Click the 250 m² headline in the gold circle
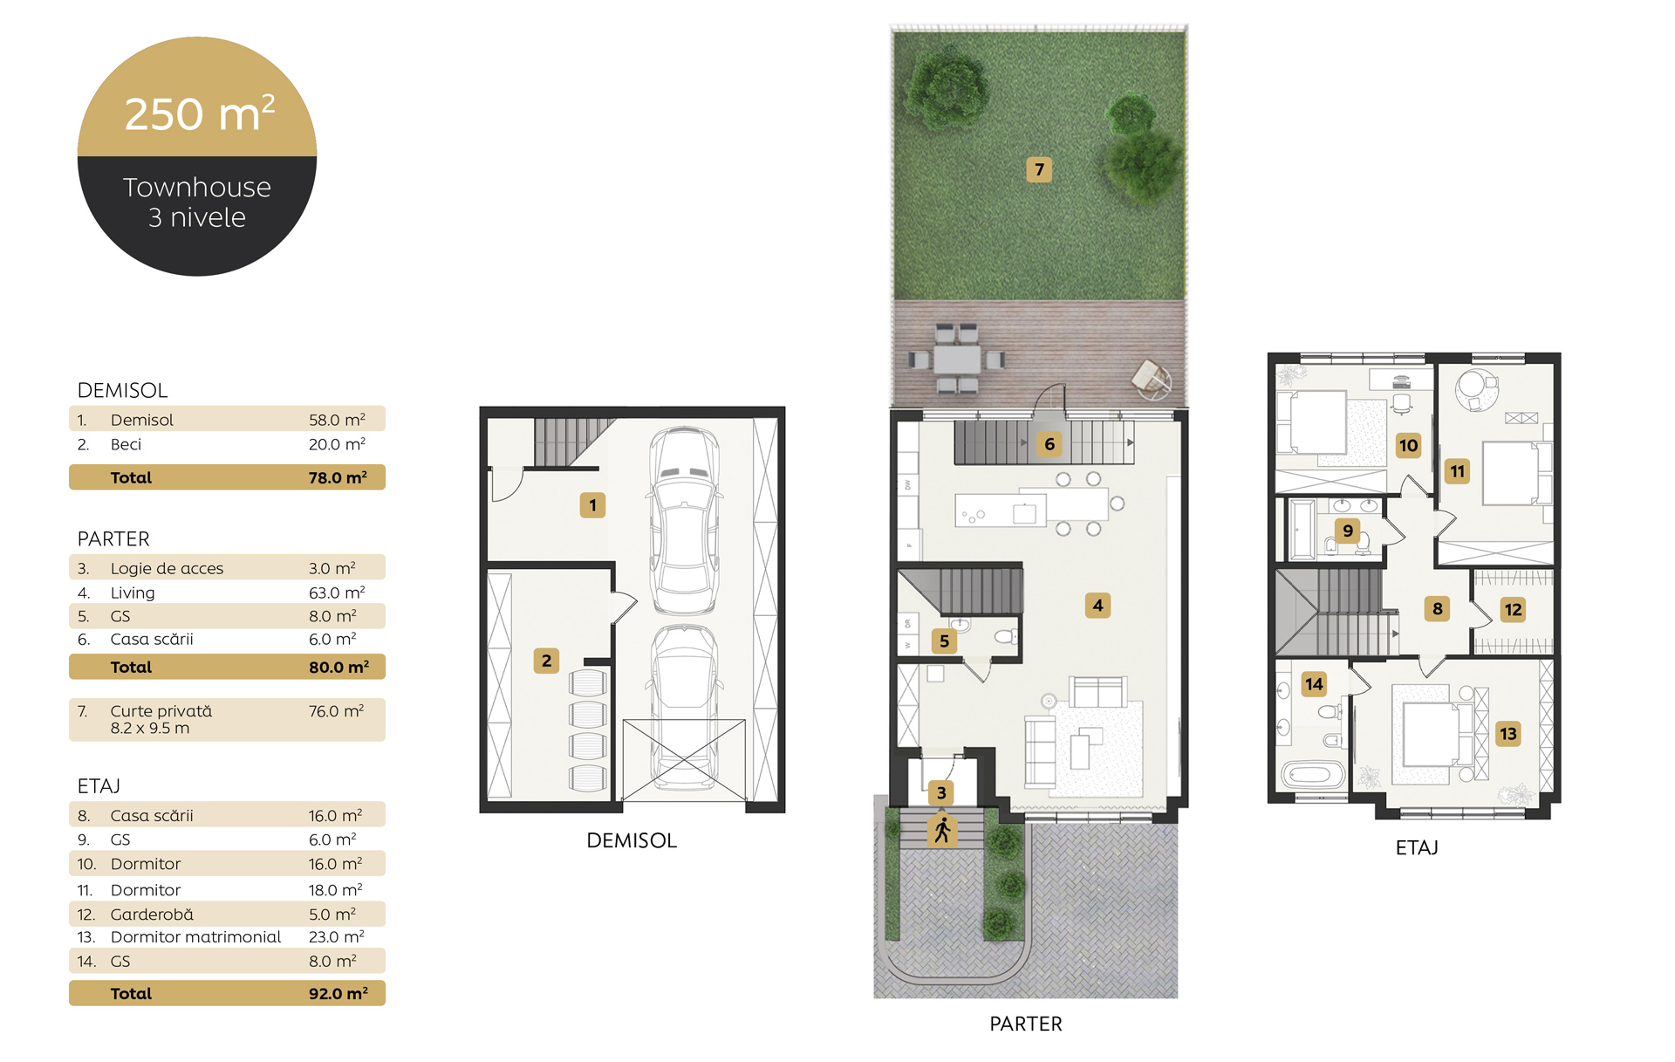200,113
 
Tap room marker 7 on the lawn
1039,169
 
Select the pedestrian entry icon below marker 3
942,830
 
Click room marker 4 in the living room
1097,605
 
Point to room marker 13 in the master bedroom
1508,734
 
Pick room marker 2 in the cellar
546,661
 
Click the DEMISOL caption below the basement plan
632,840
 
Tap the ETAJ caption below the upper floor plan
1417,847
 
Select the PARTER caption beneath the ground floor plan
1026,1024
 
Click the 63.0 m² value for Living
337,593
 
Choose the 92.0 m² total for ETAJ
338,993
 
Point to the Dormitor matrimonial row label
195,936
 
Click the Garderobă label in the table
152,914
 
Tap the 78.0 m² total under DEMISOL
338,477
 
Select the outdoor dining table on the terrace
957,359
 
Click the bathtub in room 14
1313,774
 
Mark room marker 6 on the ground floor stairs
1049,444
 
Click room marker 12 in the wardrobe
1513,610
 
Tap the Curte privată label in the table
161,711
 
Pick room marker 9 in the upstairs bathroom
1348,531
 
